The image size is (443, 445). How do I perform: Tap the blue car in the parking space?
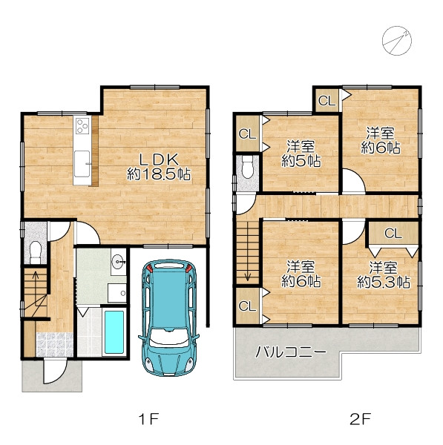pyautogui.click(x=169, y=317)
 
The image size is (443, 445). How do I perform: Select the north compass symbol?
pyautogui.click(x=397, y=41)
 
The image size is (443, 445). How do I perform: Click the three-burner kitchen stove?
pyautogui.click(x=82, y=126)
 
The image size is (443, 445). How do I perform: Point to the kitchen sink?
pyautogui.click(x=82, y=164)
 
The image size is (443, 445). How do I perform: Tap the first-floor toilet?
pyautogui.click(x=36, y=252)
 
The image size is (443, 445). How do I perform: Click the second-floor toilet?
pyautogui.click(x=247, y=167)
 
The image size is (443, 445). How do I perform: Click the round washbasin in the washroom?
pyautogui.click(x=118, y=261)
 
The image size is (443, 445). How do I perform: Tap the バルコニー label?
pyautogui.click(x=291, y=352)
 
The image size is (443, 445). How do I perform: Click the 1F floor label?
pyautogui.click(x=148, y=419)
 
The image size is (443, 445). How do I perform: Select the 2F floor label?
pyautogui.click(x=361, y=419)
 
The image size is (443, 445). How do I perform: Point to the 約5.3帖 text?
pyautogui.click(x=384, y=282)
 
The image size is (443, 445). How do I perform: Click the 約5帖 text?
pyautogui.click(x=301, y=161)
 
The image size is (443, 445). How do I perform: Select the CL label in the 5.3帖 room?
pyautogui.click(x=393, y=234)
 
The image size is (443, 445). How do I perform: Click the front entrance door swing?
pyautogui.click(x=56, y=371)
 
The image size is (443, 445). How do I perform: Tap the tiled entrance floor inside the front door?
pyautogui.click(x=54, y=345)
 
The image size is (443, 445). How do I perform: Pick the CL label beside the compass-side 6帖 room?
pyautogui.click(x=326, y=100)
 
